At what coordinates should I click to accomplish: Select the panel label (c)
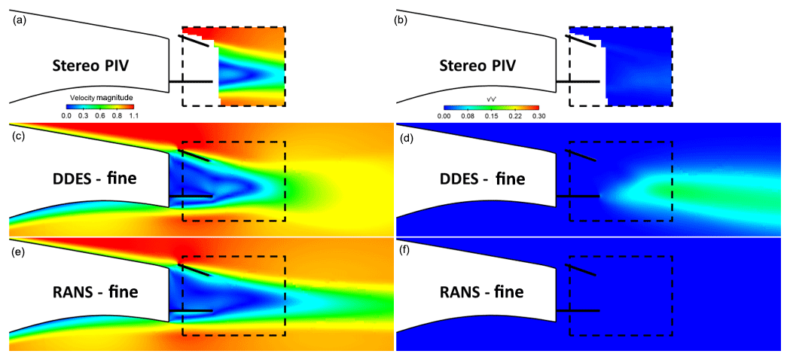pyautogui.click(x=18, y=137)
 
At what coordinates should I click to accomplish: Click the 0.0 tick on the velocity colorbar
pyautogui.click(x=66, y=117)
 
